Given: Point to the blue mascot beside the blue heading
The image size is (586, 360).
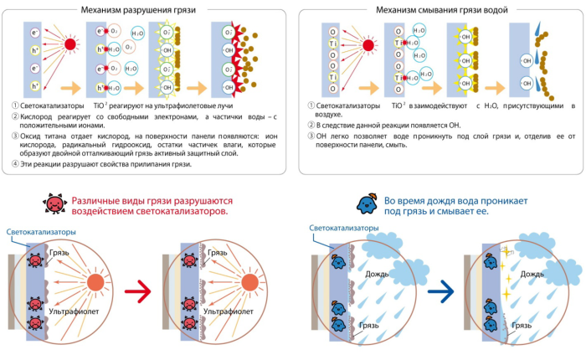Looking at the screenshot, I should [x=366, y=203].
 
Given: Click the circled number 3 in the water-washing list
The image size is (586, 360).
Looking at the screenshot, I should [x=310, y=135].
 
